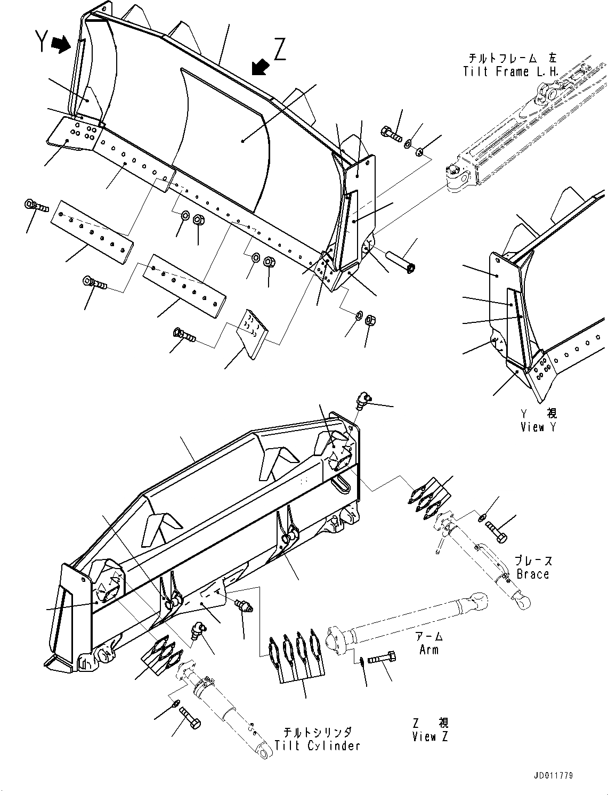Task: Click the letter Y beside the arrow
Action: coord(42,42)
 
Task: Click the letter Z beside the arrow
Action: coord(280,51)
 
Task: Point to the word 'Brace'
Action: coord(532,574)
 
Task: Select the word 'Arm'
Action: coord(428,649)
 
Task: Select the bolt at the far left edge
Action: coord(36,205)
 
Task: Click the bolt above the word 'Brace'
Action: coord(496,531)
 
